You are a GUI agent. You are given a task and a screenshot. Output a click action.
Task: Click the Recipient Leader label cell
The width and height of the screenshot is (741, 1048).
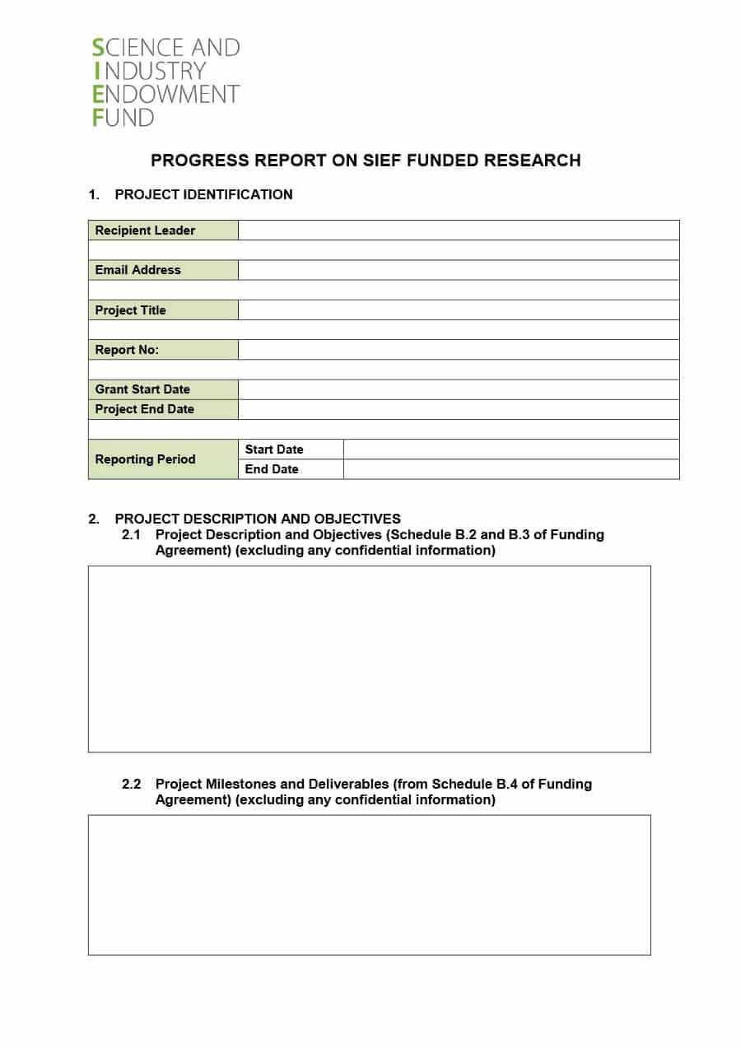(x=162, y=231)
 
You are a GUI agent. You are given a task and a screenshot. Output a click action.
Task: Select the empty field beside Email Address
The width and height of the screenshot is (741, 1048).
(x=458, y=270)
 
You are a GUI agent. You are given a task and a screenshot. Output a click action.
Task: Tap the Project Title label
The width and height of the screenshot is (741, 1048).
(x=130, y=310)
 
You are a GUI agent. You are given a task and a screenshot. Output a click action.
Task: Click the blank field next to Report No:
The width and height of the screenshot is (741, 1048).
(x=458, y=350)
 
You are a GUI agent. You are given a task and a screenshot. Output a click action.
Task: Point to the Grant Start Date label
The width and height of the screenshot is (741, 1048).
(x=142, y=389)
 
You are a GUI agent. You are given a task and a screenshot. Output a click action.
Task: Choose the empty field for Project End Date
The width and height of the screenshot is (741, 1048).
(x=458, y=409)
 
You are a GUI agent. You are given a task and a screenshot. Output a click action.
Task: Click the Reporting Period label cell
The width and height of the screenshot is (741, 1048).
(x=162, y=459)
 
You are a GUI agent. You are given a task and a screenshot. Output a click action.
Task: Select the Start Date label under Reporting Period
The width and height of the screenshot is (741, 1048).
(x=274, y=449)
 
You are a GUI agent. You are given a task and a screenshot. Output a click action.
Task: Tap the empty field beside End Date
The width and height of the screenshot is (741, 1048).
(x=510, y=469)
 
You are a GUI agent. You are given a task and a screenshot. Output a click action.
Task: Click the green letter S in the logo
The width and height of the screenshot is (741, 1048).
(x=98, y=48)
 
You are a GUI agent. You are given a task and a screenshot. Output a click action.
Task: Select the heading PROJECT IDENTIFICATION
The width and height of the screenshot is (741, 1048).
(x=203, y=194)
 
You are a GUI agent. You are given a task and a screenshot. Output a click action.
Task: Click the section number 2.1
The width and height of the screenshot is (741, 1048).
(x=132, y=534)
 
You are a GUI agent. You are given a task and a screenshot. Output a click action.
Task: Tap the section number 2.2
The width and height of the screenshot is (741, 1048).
(x=132, y=784)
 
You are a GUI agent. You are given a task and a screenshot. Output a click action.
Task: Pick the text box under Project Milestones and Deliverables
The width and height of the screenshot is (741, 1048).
(x=369, y=885)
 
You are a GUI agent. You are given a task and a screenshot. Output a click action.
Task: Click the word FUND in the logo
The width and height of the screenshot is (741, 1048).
(x=123, y=118)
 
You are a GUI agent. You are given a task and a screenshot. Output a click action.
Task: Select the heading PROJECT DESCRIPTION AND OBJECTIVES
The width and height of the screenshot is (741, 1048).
(x=258, y=519)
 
